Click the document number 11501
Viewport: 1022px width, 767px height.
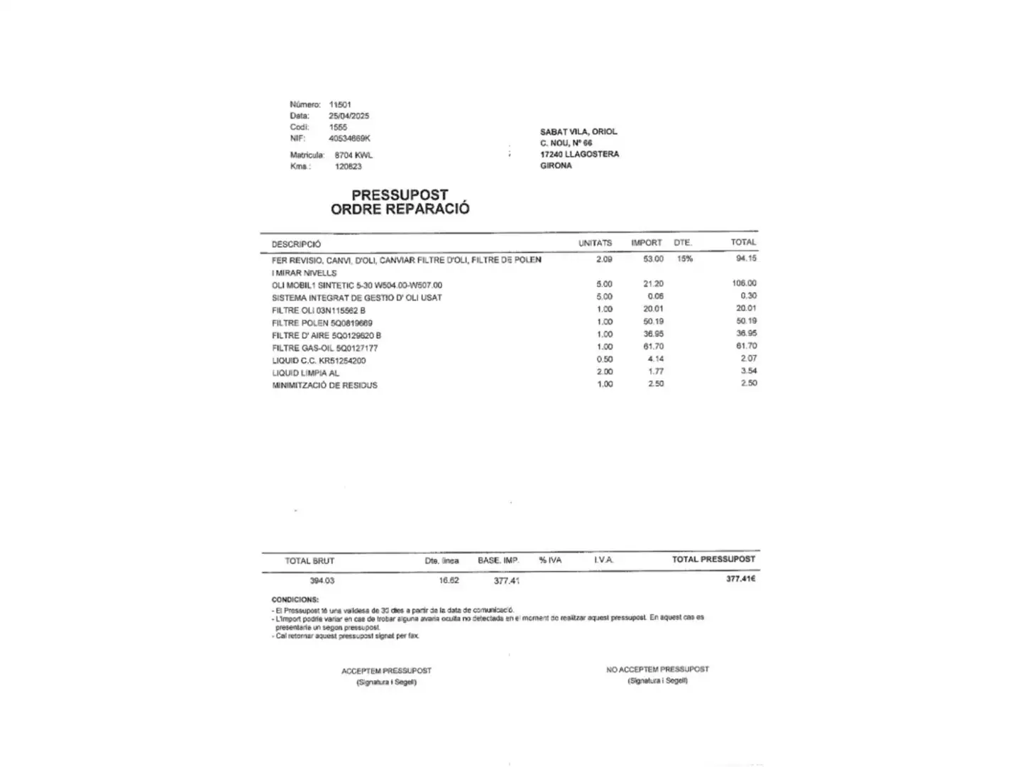(x=340, y=104)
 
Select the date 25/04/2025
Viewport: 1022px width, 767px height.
(x=348, y=116)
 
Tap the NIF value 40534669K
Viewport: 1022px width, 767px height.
(x=349, y=138)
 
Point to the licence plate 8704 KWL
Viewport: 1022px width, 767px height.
(x=353, y=155)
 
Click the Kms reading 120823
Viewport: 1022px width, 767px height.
(x=348, y=166)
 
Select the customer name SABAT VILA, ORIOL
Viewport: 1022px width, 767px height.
(x=578, y=131)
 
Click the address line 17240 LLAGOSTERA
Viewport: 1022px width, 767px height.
(x=579, y=154)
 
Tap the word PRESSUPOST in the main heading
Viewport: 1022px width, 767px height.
(x=400, y=195)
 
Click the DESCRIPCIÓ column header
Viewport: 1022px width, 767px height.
(x=296, y=244)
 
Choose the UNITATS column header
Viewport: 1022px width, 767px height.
(x=595, y=243)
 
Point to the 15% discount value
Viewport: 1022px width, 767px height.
(x=684, y=259)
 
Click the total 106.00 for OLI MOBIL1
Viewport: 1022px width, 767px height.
(x=744, y=283)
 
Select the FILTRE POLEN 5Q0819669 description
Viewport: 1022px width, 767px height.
(x=322, y=323)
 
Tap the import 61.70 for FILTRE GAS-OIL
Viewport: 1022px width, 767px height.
(x=653, y=347)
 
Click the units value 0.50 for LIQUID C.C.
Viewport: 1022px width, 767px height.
(x=605, y=359)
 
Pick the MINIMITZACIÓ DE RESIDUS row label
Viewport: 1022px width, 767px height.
(x=324, y=386)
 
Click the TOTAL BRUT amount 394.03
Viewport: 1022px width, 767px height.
(x=322, y=580)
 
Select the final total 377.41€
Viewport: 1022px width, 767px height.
(x=740, y=579)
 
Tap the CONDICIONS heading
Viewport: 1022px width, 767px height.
(x=295, y=599)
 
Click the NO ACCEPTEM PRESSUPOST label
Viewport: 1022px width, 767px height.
(x=657, y=669)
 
